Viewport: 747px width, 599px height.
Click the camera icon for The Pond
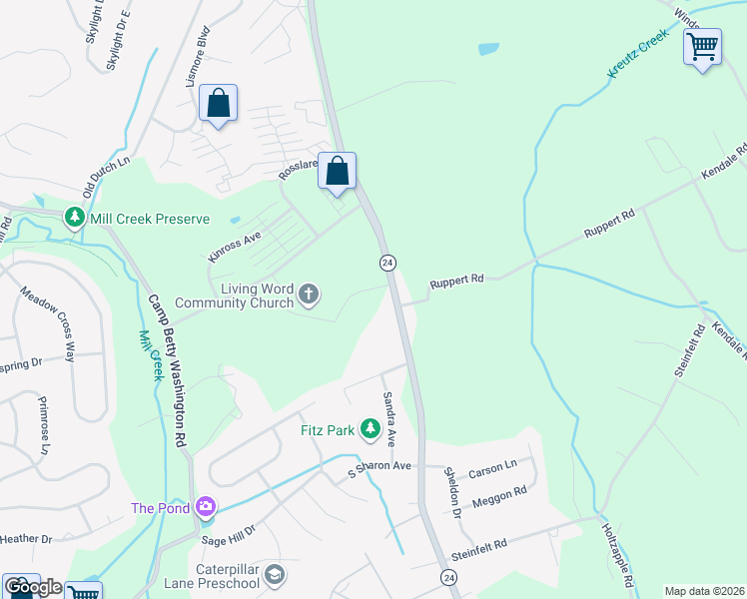(207, 508)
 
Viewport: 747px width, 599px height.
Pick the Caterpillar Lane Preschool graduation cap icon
(275, 576)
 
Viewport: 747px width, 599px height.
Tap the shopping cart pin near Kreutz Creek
(702, 45)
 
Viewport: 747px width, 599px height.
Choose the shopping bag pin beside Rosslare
(338, 171)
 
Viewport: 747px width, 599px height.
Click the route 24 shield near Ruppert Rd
(388, 263)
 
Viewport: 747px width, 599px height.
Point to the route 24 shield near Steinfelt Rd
(449, 578)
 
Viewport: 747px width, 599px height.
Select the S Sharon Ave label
(379, 466)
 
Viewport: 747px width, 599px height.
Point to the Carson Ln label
(492, 466)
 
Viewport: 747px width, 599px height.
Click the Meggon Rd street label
(499, 497)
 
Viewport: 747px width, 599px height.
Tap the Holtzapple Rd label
(619, 554)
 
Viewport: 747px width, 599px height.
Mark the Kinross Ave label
(234, 246)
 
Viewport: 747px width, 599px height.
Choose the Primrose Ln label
(44, 429)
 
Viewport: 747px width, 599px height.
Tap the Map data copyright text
(704, 591)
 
